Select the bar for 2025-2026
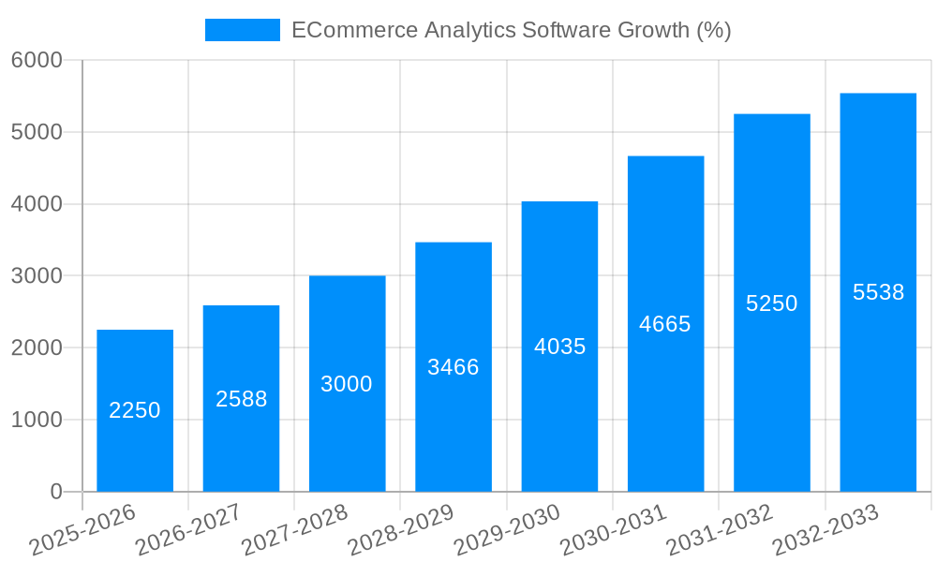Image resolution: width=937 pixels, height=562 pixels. tap(135, 450)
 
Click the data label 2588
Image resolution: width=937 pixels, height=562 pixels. tap(242, 399)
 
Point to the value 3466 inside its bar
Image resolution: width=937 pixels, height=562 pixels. tap(454, 367)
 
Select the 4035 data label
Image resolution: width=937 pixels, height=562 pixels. tap(559, 347)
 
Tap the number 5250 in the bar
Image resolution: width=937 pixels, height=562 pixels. tap(772, 303)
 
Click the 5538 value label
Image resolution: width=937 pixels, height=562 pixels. tap(878, 292)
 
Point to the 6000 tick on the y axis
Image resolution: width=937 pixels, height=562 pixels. tap(37, 60)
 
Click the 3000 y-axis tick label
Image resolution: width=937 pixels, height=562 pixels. tap(37, 276)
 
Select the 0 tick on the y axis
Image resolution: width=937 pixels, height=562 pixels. tap(55, 492)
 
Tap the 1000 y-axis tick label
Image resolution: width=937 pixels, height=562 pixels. tap(37, 420)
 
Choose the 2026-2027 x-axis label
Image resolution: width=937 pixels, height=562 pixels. tap(188, 530)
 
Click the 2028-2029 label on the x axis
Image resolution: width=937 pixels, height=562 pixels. tap(400, 530)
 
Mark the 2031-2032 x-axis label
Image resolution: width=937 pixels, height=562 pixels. tap(719, 530)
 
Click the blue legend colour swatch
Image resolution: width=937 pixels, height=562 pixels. tap(243, 30)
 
